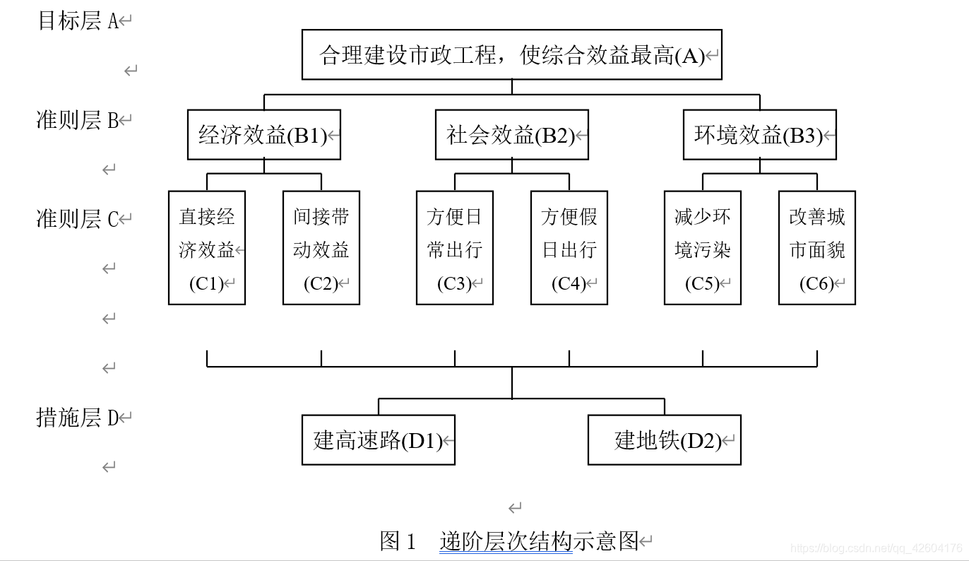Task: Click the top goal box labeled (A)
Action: tap(512, 54)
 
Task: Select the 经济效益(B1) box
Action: tap(263, 135)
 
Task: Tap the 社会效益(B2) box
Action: tap(511, 135)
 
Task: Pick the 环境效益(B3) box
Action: tap(759, 135)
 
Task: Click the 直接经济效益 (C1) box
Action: tap(207, 248)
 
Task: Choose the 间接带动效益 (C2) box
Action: tap(321, 248)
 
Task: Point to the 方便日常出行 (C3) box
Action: tap(455, 248)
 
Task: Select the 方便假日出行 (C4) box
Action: tap(569, 248)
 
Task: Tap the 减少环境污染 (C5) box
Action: tap(703, 248)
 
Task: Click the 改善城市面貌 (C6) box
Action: tap(817, 248)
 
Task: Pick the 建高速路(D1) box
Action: tap(378, 440)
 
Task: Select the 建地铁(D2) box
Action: tap(664, 440)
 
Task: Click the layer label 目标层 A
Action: tap(78, 20)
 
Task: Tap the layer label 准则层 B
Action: tap(78, 120)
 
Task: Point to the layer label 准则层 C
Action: tap(78, 219)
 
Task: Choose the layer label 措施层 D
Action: tap(78, 418)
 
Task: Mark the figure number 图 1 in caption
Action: tap(399, 541)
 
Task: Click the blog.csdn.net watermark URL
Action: tap(876, 548)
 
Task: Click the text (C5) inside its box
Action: tap(702, 284)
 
